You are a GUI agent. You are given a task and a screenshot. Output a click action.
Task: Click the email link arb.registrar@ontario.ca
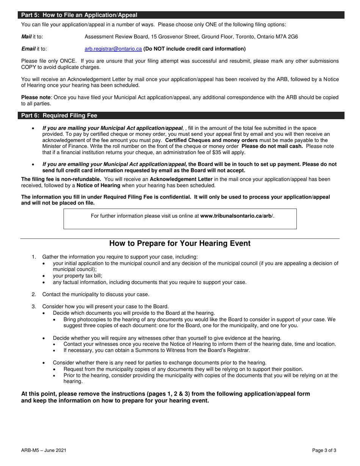(113, 49)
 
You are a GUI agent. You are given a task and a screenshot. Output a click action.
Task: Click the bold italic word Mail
(27, 37)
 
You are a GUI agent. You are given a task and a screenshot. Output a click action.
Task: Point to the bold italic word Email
(28, 49)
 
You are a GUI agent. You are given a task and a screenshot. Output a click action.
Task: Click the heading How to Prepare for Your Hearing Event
(180, 243)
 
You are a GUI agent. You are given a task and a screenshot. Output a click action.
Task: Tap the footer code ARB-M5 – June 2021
(44, 450)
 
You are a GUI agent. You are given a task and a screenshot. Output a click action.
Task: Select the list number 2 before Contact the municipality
(34, 294)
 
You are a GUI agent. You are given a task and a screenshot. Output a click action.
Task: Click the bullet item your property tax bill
(77, 276)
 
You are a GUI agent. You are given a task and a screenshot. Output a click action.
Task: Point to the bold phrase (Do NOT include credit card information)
(194, 49)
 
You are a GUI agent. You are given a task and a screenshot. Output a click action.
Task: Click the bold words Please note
(36, 97)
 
